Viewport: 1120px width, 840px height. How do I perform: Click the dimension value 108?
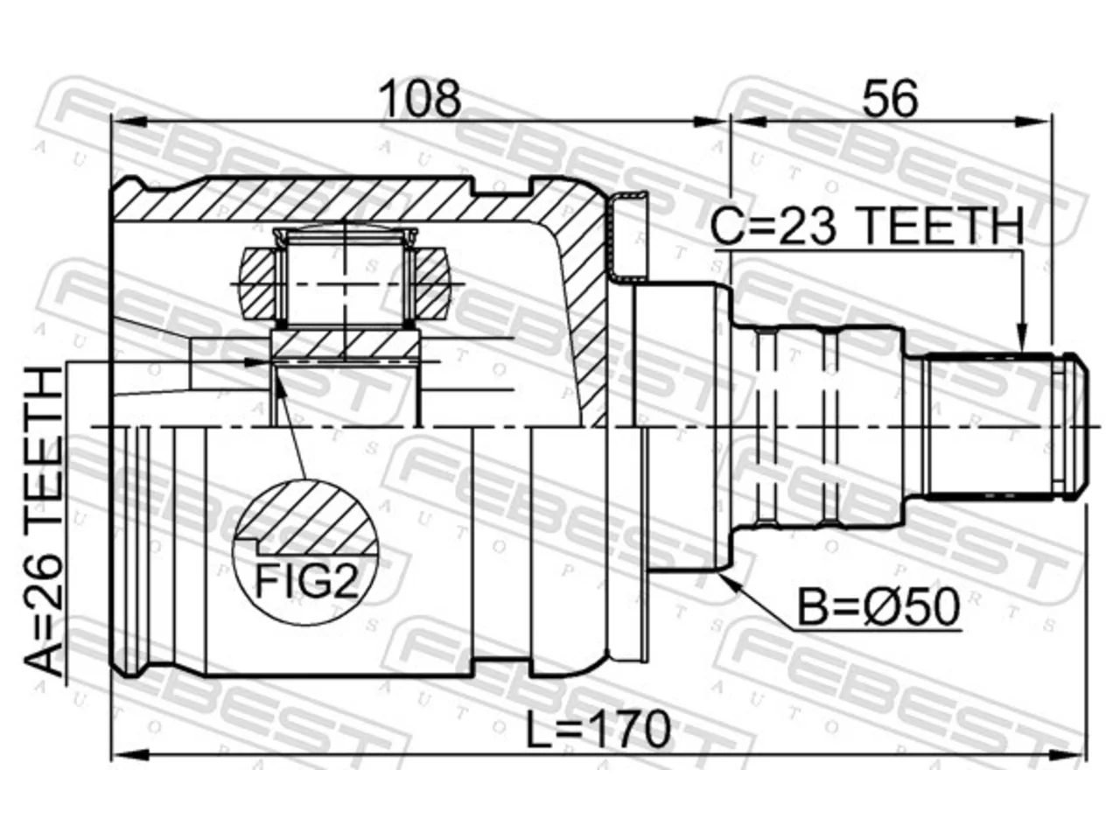point(422,99)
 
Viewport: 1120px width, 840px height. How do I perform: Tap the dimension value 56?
point(890,99)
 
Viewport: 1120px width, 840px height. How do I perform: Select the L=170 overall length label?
point(598,730)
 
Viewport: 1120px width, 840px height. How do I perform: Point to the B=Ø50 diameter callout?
point(878,607)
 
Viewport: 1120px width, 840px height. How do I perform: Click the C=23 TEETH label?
point(867,226)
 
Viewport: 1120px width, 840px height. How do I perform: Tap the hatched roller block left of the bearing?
point(259,283)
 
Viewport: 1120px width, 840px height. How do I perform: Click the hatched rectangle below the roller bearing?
point(345,343)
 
